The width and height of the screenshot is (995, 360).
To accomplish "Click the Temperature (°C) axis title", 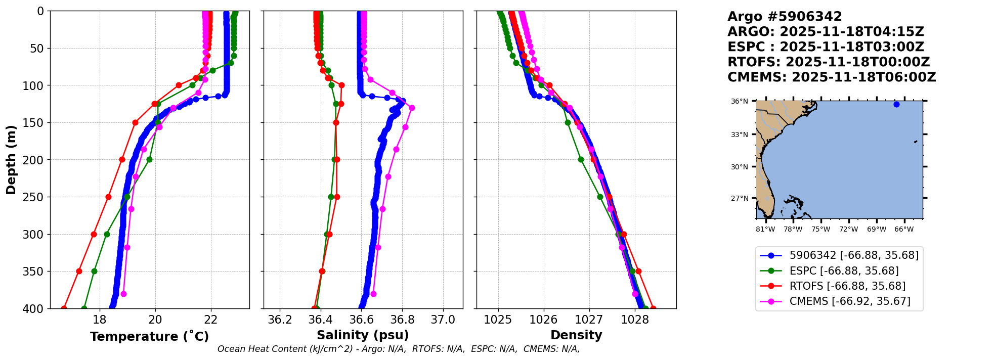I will tap(149, 337).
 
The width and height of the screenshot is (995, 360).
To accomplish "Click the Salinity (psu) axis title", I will tap(363, 335).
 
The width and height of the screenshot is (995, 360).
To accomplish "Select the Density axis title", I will tap(576, 335).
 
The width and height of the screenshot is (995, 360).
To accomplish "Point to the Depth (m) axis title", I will tap(11, 160).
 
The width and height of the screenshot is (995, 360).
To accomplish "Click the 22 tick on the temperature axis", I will tap(211, 320).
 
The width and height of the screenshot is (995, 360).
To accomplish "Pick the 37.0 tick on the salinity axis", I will tap(443, 320).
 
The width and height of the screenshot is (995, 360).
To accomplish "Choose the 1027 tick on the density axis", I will tap(589, 320).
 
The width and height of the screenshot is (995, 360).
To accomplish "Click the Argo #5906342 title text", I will tap(785, 17).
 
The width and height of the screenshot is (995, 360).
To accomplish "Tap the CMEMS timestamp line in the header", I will tap(832, 77).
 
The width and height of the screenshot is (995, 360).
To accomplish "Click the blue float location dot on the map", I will tap(896, 105).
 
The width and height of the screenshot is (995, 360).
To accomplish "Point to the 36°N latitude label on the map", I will tap(740, 102).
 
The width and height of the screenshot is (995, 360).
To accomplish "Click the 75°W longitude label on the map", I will tap(821, 230).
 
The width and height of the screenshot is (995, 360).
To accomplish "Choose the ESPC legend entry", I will tap(844, 271).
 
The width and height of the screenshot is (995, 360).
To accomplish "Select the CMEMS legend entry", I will tap(850, 301).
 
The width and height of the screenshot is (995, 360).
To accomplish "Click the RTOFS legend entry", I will tap(847, 286).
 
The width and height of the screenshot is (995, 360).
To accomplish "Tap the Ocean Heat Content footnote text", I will tap(399, 349).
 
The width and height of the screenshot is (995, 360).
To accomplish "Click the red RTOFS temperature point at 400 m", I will tap(64, 308).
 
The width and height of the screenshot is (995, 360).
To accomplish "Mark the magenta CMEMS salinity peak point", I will tap(412, 108).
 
